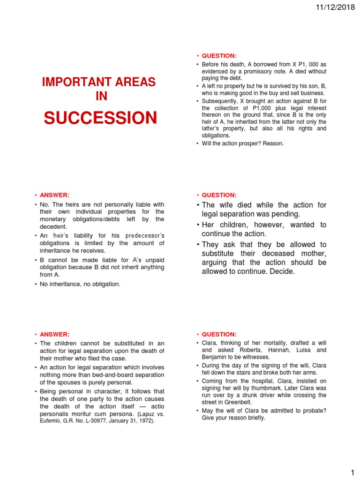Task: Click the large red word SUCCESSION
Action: pos(100,118)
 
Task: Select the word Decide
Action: pos(281,271)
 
